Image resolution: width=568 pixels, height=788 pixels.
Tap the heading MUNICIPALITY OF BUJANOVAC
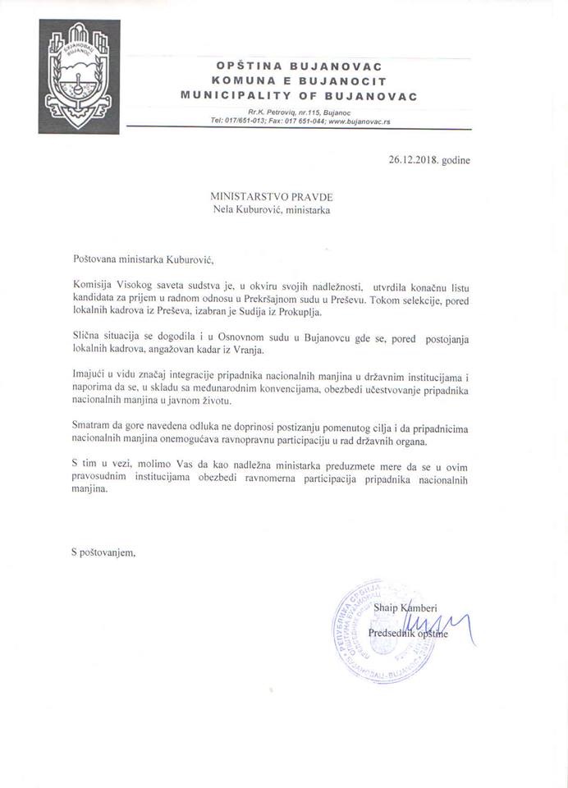(299, 96)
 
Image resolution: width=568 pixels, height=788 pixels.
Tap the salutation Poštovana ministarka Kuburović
(142, 260)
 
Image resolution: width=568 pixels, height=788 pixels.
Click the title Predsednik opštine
(408, 634)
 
